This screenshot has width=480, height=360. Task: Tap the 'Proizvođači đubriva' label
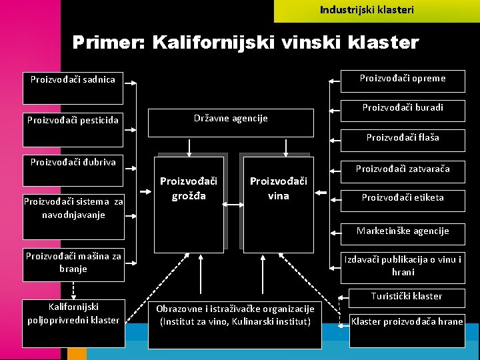tap(73, 162)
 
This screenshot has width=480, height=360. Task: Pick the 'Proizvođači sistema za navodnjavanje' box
tap(73, 210)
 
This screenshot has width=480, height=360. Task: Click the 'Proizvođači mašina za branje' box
tap(73, 263)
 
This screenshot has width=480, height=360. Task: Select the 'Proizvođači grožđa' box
tap(189, 203)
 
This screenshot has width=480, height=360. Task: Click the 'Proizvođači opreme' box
tap(403, 79)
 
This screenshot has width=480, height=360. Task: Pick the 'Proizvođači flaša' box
tap(403, 138)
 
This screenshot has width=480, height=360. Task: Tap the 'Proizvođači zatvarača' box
tap(403, 169)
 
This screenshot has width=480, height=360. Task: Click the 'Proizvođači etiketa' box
tap(403, 198)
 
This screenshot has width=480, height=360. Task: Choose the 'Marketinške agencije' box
tap(403, 231)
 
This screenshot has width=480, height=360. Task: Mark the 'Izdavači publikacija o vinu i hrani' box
tap(403, 266)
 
